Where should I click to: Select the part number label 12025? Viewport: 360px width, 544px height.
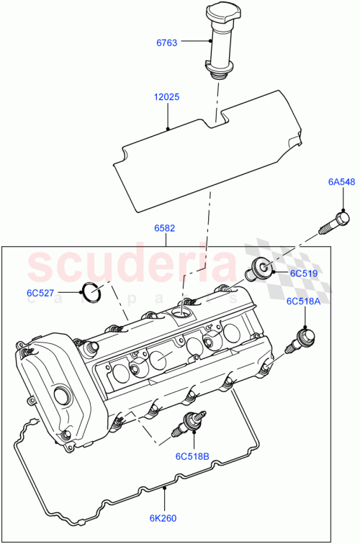coord(167,96)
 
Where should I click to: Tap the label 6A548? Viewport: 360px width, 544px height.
coord(342,183)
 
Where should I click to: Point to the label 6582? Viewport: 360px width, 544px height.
coord(165,228)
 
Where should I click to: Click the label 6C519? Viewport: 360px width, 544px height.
coord(304,274)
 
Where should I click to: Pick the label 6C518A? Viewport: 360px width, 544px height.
coord(303,302)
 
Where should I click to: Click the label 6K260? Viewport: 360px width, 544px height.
coord(164,517)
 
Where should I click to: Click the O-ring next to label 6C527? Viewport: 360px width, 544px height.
coord(90,292)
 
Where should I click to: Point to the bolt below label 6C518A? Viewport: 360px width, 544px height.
coord(303,339)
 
